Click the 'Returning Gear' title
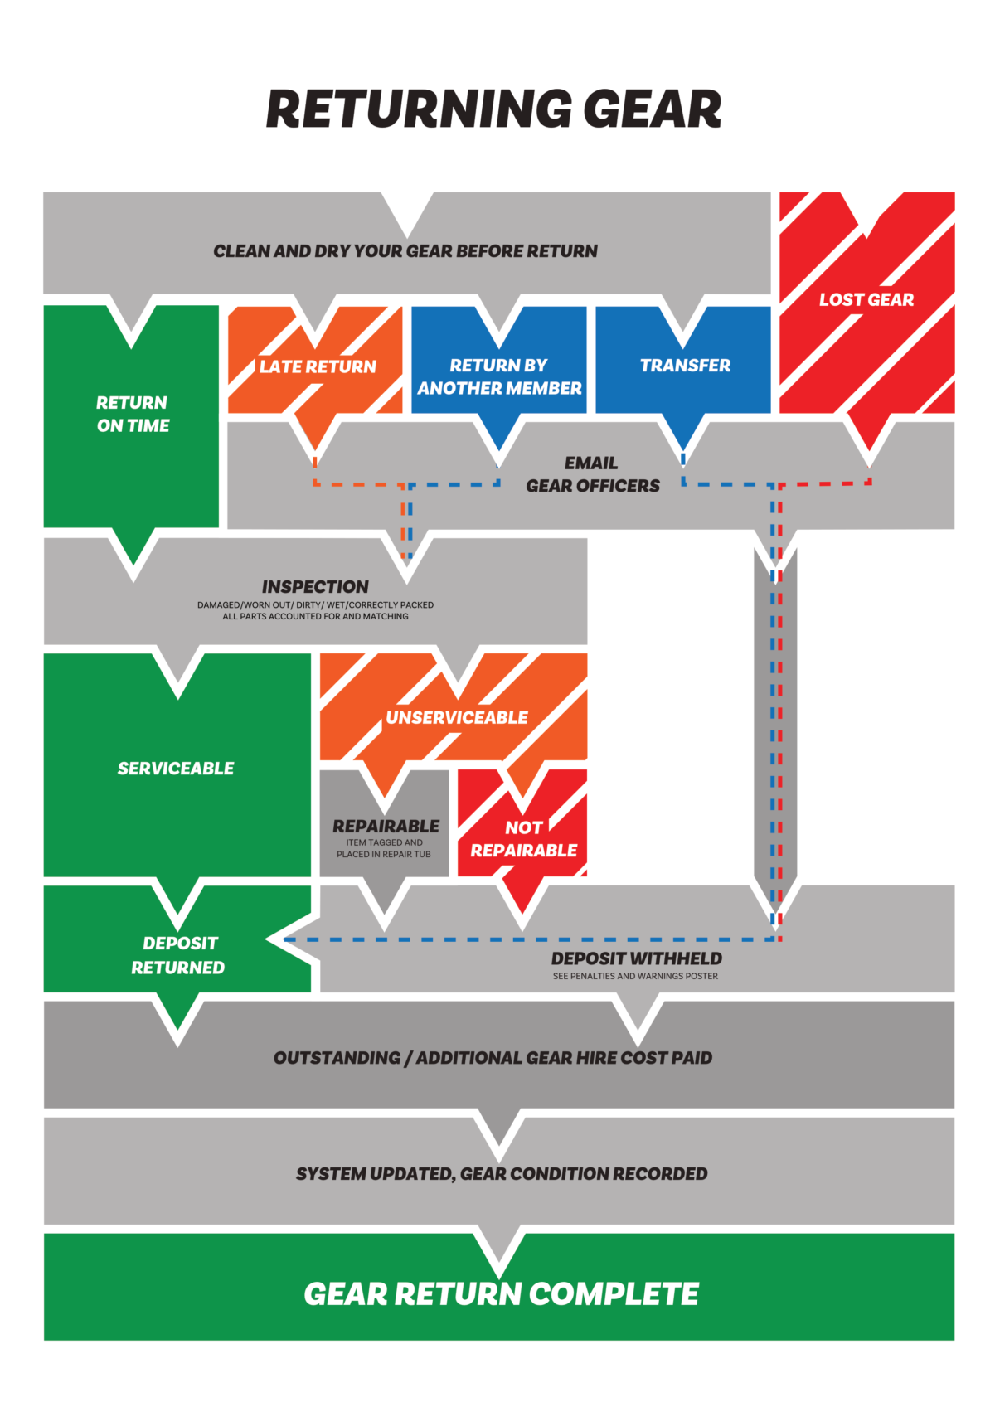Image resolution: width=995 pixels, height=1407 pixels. pyautogui.click(x=494, y=109)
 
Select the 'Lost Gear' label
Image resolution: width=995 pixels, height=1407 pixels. pyautogui.click(x=866, y=300)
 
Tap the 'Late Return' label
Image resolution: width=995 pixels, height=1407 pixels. pyautogui.click(x=318, y=366)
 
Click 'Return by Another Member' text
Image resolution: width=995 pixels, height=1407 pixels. pyautogui.click(x=499, y=376)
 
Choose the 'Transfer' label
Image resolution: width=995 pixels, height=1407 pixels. pyautogui.click(x=685, y=366)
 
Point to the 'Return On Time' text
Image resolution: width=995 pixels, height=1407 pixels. pyautogui.click(x=133, y=414)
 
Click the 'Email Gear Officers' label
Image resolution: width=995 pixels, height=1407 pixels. pyautogui.click(x=592, y=474)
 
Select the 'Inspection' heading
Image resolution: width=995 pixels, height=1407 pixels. pyautogui.click(x=315, y=586)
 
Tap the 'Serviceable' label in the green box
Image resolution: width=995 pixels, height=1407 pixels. pyautogui.click(x=176, y=769)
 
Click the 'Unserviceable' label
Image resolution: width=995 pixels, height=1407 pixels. pyautogui.click(x=457, y=717)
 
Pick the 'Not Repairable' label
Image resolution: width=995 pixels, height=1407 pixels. pyautogui.click(x=524, y=839)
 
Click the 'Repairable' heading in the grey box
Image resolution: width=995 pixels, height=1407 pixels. pyautogui.click(x=386, y=827)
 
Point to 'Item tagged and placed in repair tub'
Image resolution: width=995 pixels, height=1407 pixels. pyautogui.click(x=384, y=848)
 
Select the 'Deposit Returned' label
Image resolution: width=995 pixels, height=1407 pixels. pyautogui.click(x=178, y=955)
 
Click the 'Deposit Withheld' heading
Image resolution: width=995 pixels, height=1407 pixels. pyautogui.click(x=637, y=958)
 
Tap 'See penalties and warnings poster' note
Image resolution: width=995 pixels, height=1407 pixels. pyautogui.click(x=635, y=976)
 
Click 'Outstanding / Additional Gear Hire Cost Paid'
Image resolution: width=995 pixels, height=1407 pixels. pyautogui.click(x=493, y=1058)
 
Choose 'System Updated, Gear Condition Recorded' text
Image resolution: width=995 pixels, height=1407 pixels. pyautogui.click(x=502, y=1174)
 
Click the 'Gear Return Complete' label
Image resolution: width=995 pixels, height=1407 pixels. pyautogui.click(x=501, y=1293)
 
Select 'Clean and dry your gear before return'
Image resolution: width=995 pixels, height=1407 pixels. pyautogui.click(x=405, y=251)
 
